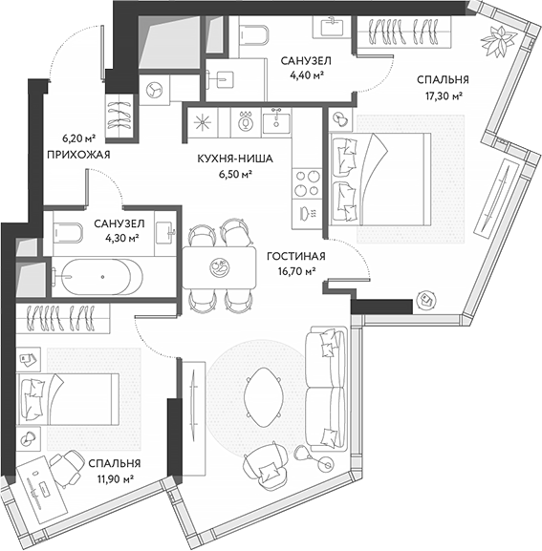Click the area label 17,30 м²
pos(441,96)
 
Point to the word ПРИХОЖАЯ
pos(79,154)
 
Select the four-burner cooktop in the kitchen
pos(310,179)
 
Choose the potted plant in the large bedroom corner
pos(497,41)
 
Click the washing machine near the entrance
pos(154,88)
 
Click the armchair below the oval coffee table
pos(265,467)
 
